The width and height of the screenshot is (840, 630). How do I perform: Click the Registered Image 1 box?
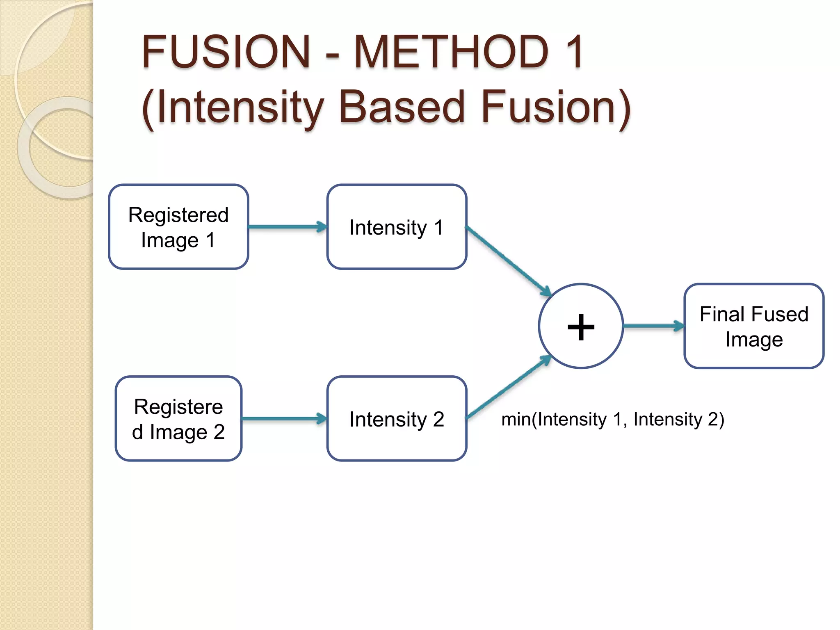[x=178, y=227]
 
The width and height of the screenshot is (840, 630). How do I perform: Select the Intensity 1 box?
[x=397, y=227]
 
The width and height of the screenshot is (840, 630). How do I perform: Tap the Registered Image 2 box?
[x=178, y=419]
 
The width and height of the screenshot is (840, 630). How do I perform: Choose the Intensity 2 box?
[x=397, y=419]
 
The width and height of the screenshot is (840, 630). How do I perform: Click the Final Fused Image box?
[x=754, y=326]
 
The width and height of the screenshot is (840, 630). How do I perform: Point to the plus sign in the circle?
[x=581, y=327]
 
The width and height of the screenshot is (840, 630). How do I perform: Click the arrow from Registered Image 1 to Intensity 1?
[x=287, y=227]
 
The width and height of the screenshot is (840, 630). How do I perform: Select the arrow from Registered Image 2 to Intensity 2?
[x=284, y=419]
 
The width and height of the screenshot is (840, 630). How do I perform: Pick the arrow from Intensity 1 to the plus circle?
[x=509, y=261]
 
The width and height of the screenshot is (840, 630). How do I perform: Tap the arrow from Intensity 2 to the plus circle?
[x=509, y=387]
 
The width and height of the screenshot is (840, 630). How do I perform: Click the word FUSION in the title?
[x=226, y=52]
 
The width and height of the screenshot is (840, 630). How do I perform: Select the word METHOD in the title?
[x=451, y=52]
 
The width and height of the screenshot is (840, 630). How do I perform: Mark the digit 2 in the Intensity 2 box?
[x=438, y=419]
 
